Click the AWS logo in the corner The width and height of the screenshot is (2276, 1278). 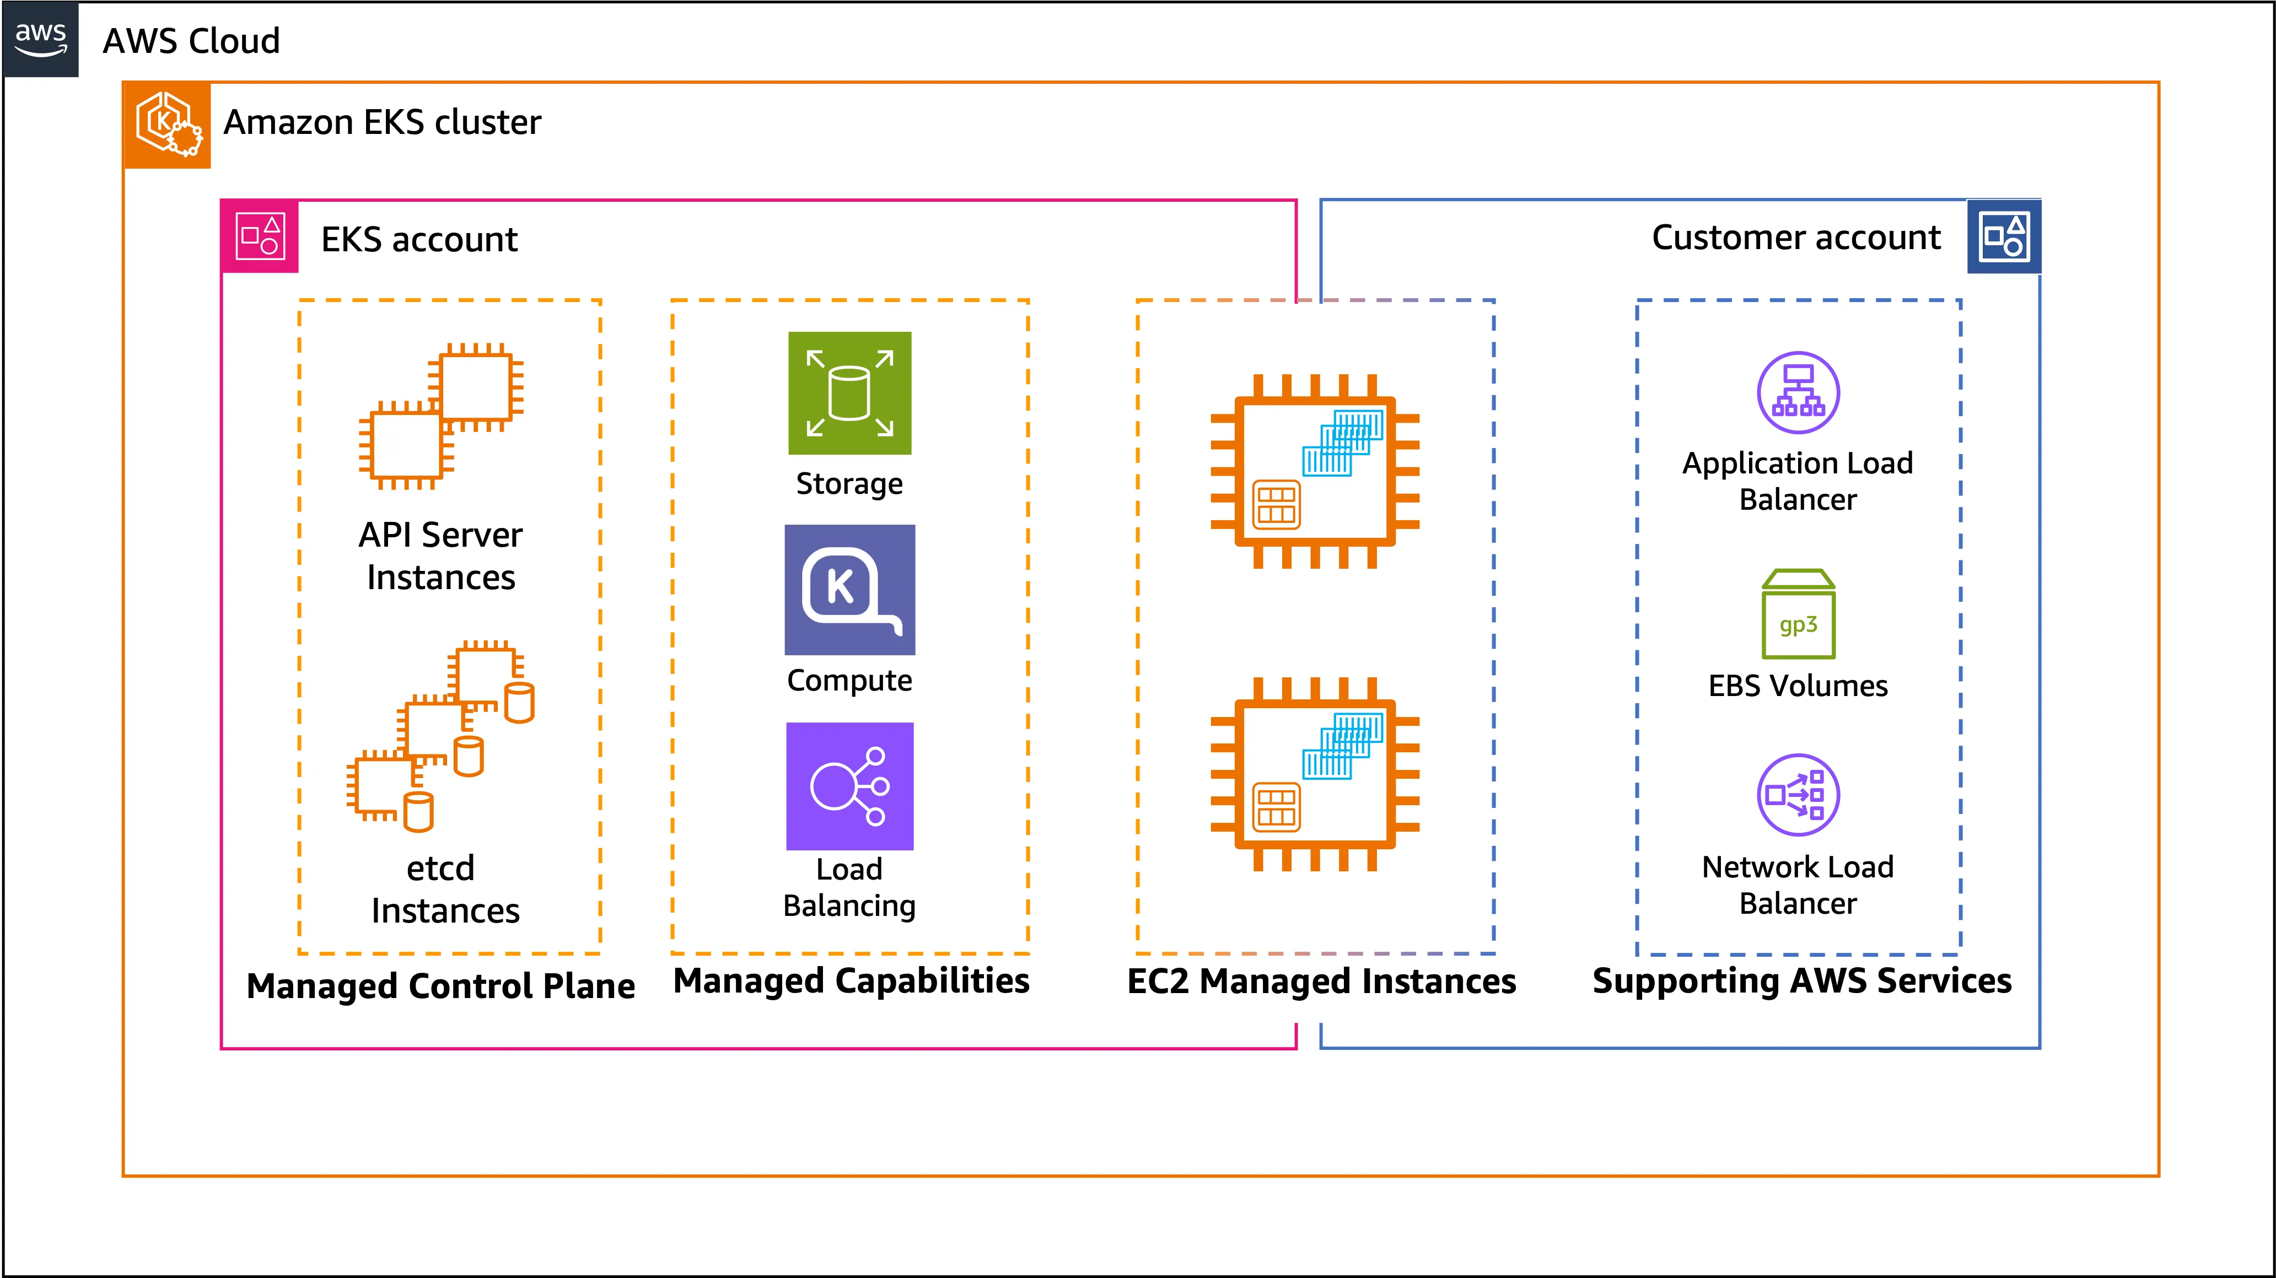point(41,39)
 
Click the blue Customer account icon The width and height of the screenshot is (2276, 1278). point(2004,237)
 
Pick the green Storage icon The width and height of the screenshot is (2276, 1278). point(849,393)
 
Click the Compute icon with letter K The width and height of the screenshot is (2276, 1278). point(849,589)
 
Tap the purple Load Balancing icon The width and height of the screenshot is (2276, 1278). point(849,786)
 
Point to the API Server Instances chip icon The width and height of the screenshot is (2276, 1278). point(441,416)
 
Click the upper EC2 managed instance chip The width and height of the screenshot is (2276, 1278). point(1315,471)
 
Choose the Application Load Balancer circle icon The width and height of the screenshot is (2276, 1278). point(1798,393)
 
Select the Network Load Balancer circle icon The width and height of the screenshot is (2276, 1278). point(1798,795)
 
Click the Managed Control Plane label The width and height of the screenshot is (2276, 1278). point(441,986)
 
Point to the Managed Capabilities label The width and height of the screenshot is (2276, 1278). point(851,980)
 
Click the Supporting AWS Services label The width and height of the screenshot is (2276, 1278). point(1801,982)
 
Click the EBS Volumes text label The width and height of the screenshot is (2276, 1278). point(1798,686)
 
